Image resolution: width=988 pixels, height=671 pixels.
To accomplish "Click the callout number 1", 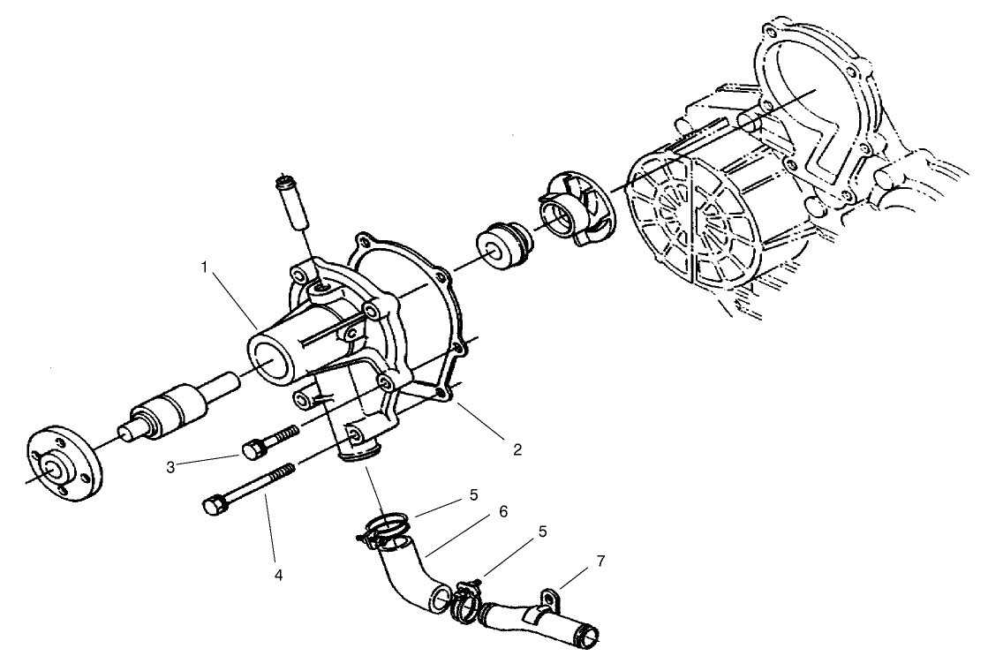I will point(205,267).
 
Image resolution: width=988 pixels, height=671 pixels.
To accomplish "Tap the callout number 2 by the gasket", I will point(517,449).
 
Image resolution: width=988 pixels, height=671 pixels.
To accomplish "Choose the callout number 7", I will point(600,561).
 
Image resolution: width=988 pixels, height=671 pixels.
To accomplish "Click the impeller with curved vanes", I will point(569,213).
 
